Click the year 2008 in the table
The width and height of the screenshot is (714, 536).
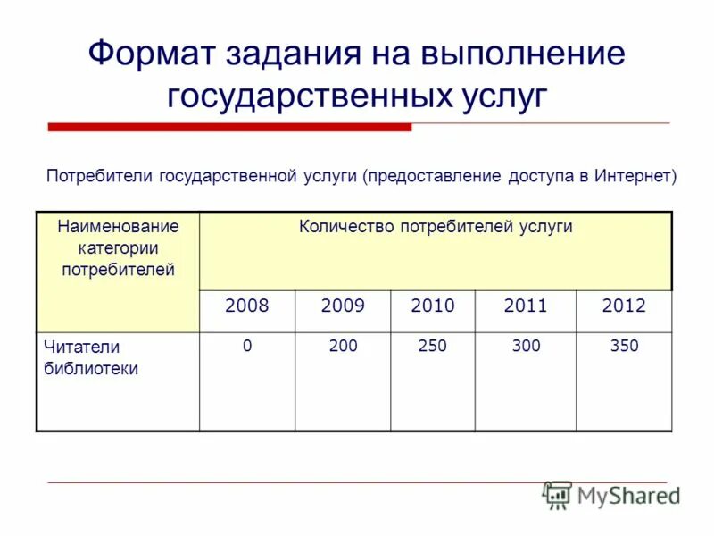pos(247,306)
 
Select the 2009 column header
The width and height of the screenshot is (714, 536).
pos(343,306)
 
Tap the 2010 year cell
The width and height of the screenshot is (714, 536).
pos(433,306)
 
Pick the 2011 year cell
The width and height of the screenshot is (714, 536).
pos(526,306)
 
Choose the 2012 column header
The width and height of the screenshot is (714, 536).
pos(624,306)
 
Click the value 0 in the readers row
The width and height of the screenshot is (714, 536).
pos(247,346)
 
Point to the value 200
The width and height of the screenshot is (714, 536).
pos(343,346)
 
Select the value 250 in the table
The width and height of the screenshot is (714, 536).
pos(433,346)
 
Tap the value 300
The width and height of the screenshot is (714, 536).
pos(526,346)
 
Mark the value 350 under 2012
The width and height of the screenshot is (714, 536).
pos(624,346)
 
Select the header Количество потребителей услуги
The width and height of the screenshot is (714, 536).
pos(436,227)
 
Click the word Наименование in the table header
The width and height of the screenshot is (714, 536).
pos(118,227)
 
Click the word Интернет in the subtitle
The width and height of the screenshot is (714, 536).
pos(632,175)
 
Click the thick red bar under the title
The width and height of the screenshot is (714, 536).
pos(229,128)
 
